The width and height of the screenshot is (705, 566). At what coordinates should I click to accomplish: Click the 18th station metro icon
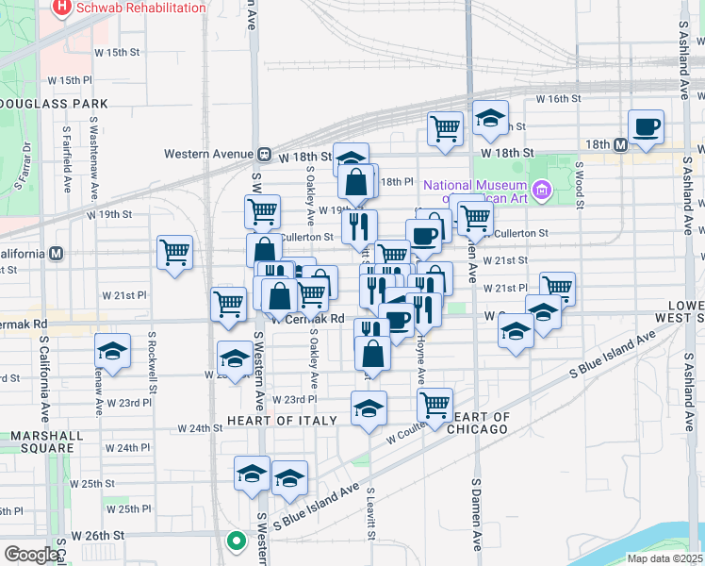point(620,145)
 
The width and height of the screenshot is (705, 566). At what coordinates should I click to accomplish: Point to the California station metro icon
point(57,254)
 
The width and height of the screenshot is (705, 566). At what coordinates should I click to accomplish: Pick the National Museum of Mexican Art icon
point(541,191)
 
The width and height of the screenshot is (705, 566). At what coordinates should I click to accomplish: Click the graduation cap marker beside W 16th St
point(489,118)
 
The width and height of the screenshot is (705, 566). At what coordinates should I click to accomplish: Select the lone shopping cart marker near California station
point(174,252)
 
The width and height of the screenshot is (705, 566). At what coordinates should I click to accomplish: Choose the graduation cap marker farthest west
point(112,352)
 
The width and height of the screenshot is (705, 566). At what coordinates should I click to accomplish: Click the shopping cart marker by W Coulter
point(434,405)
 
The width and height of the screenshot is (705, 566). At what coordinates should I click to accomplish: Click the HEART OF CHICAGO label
point(482,423)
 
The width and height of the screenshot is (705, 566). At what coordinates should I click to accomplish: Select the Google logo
point(31,555)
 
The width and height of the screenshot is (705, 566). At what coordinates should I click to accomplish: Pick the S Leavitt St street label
point(371,514)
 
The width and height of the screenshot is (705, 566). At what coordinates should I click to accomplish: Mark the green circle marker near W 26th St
point(236,541)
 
